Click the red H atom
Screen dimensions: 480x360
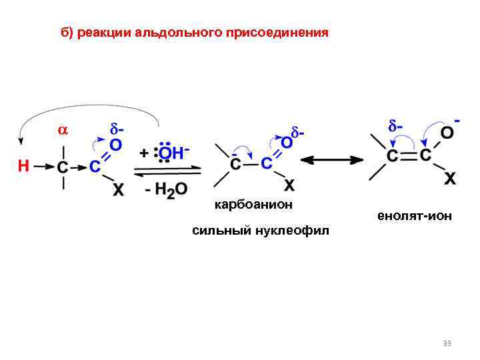click(23, 166)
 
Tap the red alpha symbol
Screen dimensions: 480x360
click(62, 131)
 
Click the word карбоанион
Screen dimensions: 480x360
click(253, 205)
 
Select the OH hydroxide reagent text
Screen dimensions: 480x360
click(170, 153)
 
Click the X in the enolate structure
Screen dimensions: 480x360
click(450, 179)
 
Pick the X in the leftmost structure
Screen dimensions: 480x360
click(117, 190)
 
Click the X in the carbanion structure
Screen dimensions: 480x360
click(290, 184)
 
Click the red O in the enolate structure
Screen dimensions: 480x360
click(447, 133)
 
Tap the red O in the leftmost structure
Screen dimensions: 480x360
click(115, 144)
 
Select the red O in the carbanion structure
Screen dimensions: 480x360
click(287, 142)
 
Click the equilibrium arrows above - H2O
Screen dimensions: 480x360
click(167, 172)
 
